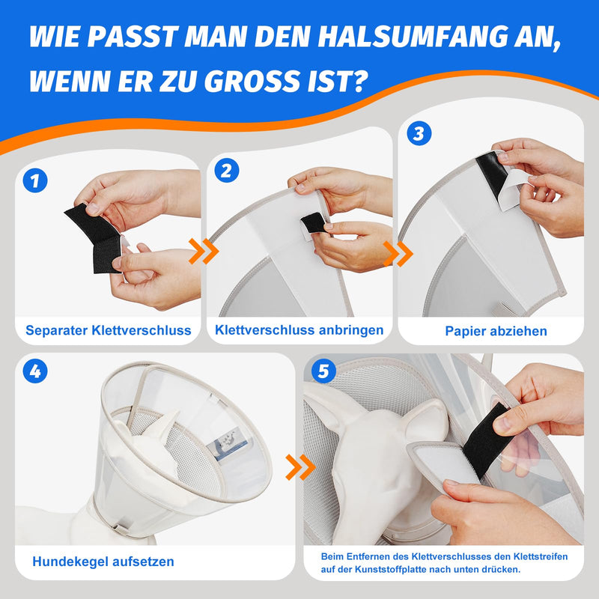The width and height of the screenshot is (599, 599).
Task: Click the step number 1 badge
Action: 35,180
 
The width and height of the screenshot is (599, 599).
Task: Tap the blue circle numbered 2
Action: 227,171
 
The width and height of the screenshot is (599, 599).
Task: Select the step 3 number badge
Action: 419,133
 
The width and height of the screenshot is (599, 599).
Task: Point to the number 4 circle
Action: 35,371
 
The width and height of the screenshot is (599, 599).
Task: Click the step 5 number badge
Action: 323,371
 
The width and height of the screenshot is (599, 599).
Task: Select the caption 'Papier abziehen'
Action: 496,331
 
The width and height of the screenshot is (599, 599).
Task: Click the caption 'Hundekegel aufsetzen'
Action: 103,562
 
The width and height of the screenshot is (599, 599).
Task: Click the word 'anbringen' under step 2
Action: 350,330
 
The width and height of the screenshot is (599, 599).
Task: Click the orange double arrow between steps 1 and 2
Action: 204,252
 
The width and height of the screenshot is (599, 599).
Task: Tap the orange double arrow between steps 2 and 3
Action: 398,254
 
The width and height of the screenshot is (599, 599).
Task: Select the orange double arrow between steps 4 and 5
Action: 300,467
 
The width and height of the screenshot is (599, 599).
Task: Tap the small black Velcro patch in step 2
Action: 313,223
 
